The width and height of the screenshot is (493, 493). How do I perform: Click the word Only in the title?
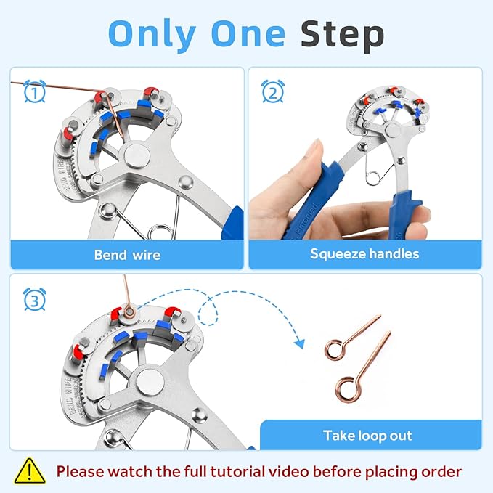point(152,33)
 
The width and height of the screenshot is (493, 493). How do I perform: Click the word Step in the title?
point(342,33)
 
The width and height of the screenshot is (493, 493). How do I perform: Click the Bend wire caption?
point(127,255)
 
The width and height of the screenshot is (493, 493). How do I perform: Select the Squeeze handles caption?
point(364,254)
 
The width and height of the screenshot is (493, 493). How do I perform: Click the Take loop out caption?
point(367,436)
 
